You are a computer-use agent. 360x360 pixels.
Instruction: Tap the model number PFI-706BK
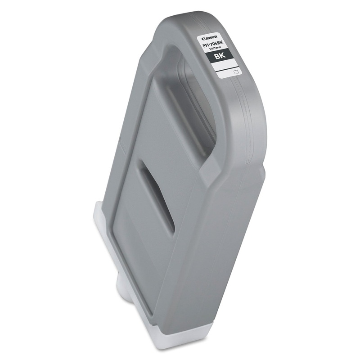coord(214,43)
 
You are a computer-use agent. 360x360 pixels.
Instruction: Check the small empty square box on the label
coord(235,72)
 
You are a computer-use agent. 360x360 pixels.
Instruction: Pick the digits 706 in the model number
coord(216,43)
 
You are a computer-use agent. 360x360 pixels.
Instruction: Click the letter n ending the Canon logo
coord(216,37)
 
